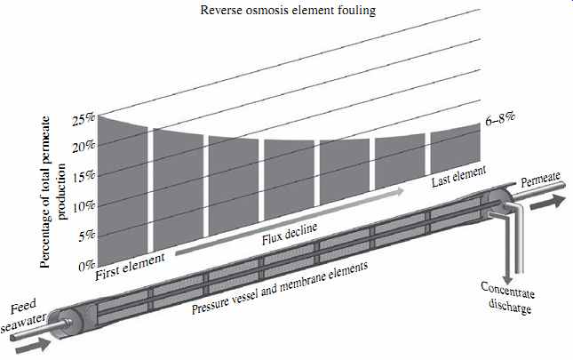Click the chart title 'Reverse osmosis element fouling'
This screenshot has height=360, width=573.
tap(288, 10)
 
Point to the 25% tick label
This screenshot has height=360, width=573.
tap(84, 120)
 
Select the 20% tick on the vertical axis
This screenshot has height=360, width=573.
tap(84, 147)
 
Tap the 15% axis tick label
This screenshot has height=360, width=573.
tap(84, 177)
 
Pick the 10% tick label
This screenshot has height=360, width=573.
tap(84, 207)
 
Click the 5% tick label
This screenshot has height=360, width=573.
tap(87, 236)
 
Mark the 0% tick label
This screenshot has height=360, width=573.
tap(87, 266)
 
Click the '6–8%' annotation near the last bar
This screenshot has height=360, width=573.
tap(500, 119)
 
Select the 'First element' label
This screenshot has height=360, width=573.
tap(130, 268)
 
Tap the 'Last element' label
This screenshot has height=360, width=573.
tap(458, 176)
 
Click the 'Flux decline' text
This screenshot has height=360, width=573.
tap(290, 235)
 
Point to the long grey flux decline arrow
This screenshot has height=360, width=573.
tap(290, 222)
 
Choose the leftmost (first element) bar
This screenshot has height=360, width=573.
tap(123, 190)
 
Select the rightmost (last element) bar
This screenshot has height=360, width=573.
tap(456, 148)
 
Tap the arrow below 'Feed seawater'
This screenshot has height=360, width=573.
tap(33, 346)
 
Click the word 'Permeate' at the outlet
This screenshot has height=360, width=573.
tap(540, 179)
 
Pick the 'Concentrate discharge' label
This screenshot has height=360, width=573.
tap(508, 298)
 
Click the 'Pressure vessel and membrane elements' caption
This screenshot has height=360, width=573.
tap(280, 288)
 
